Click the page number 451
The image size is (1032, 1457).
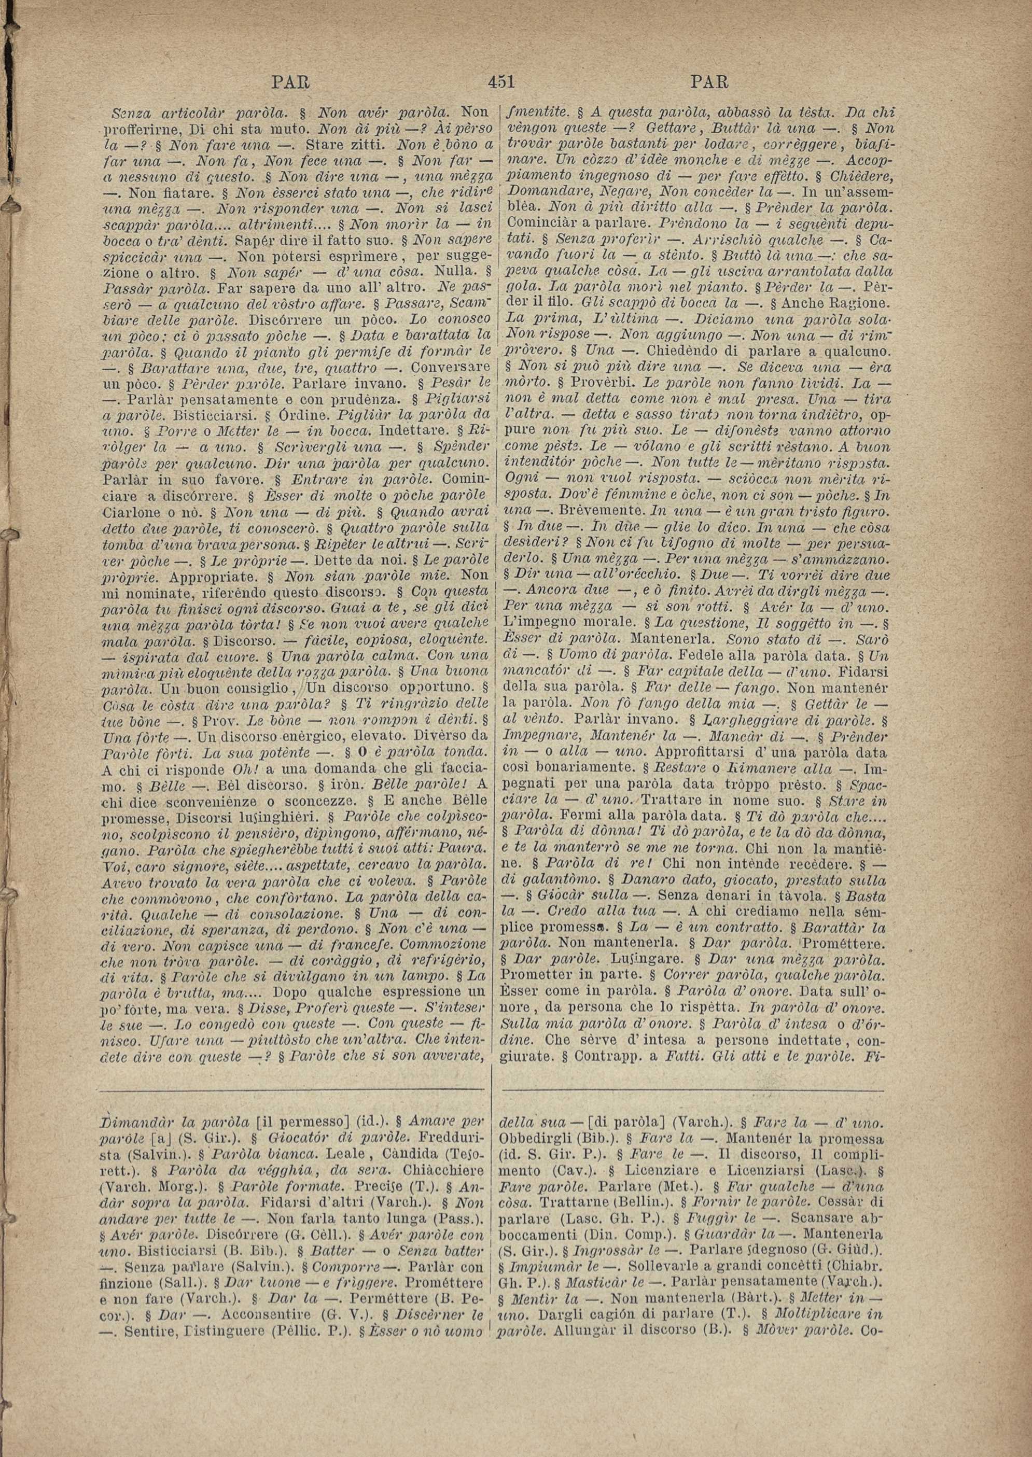click(x=501, y=82)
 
